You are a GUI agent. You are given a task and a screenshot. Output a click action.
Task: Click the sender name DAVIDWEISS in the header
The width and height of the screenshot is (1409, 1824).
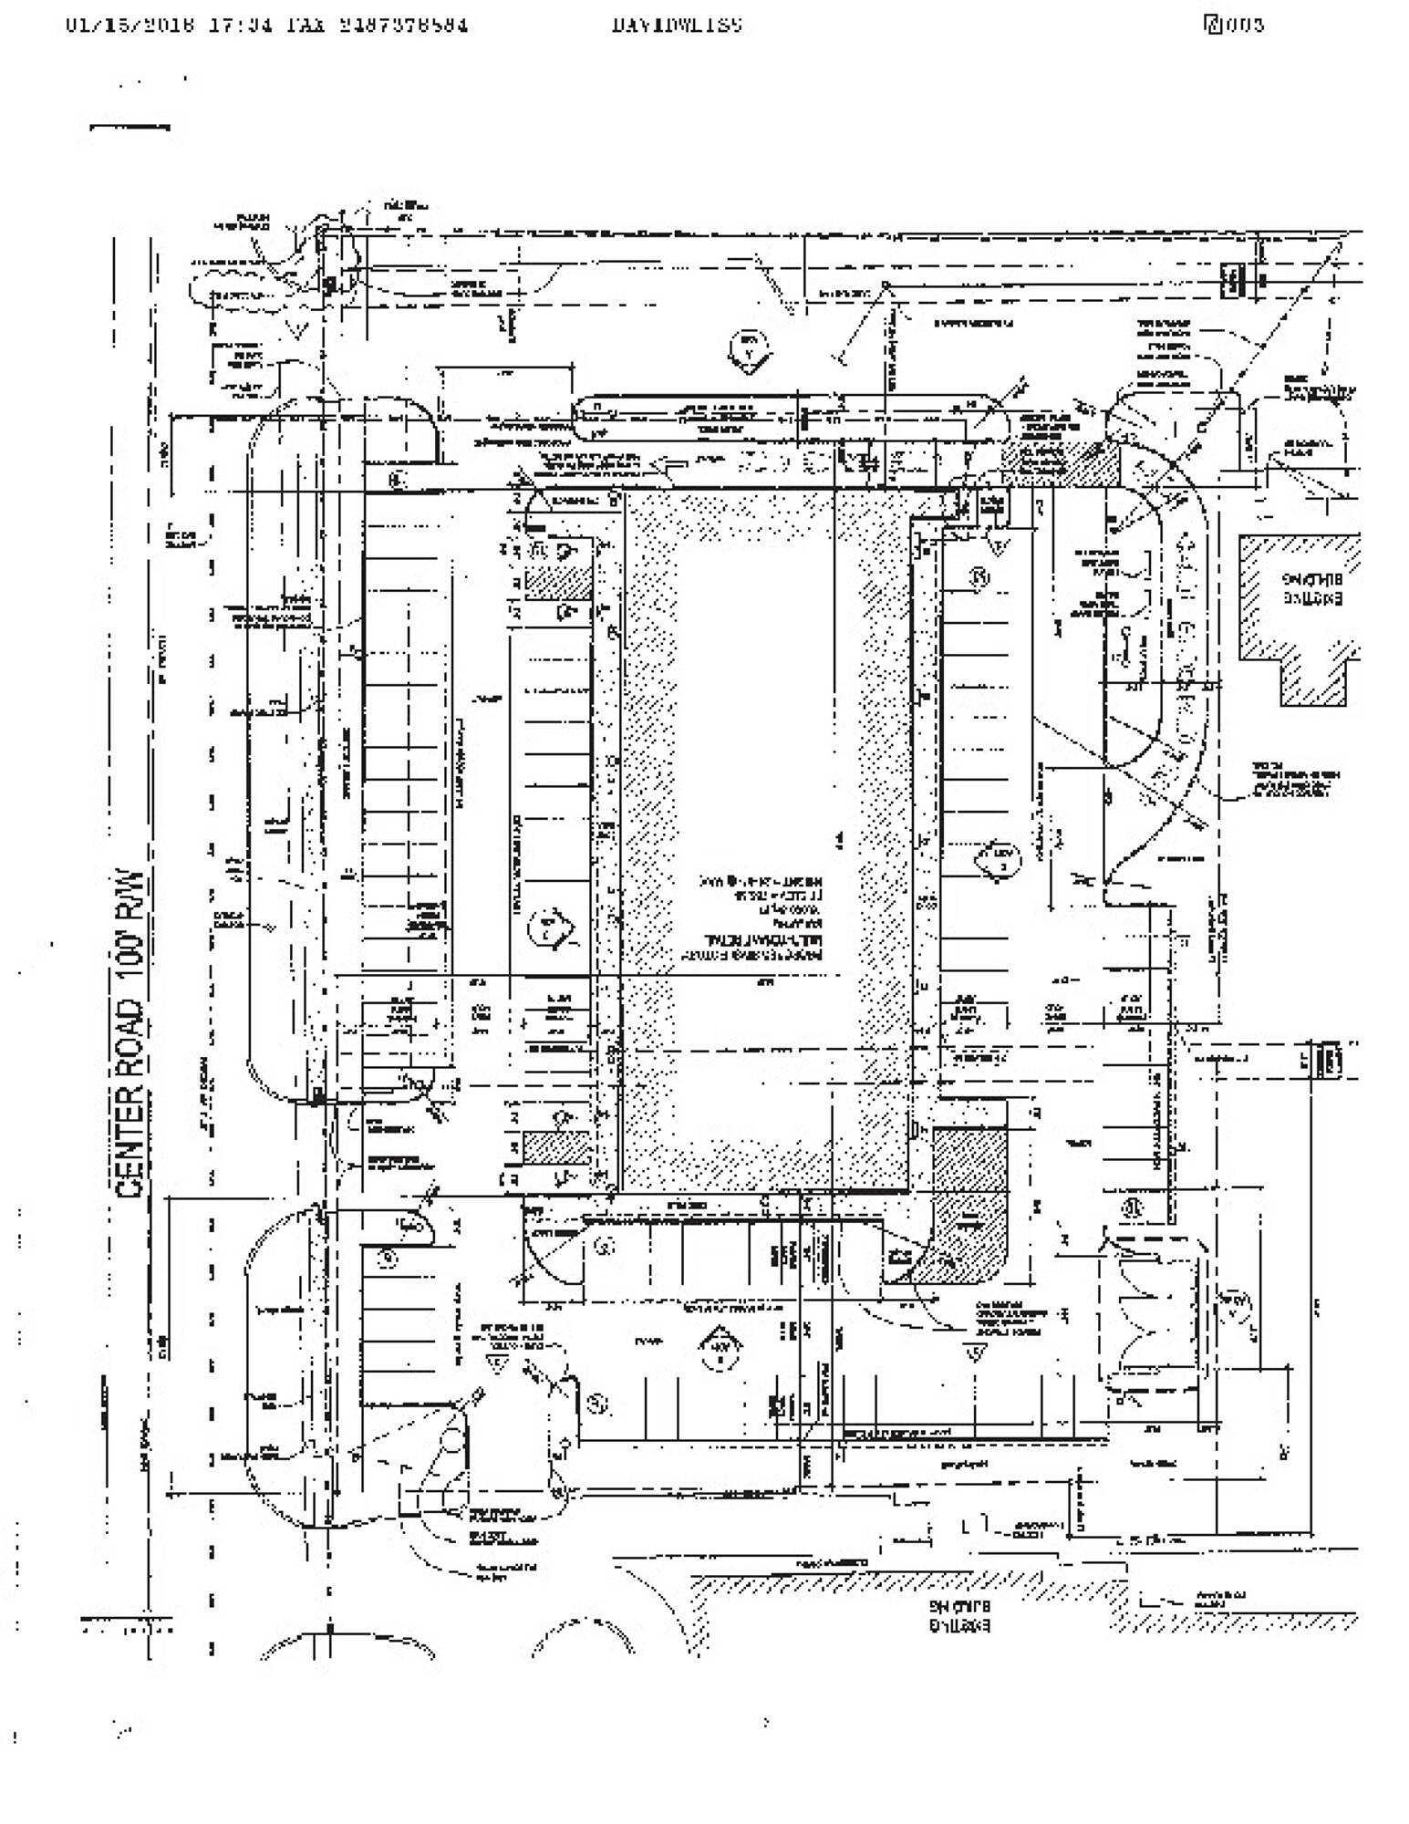pyautogui.click(x=677, y=25)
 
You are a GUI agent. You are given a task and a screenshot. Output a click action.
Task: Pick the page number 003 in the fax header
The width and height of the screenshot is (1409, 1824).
pyautogui.click(x=1244, y=25)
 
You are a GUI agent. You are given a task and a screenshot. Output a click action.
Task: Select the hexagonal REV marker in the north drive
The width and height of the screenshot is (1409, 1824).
pyautogui.click(x=750, y=348)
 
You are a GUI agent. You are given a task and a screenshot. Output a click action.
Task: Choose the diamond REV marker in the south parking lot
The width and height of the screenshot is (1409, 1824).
pyautogui.click(x=720, y=1347)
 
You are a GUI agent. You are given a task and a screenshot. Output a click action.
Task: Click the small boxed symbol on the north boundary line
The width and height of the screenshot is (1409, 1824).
pyautogui.click(x=1232, y=279)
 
